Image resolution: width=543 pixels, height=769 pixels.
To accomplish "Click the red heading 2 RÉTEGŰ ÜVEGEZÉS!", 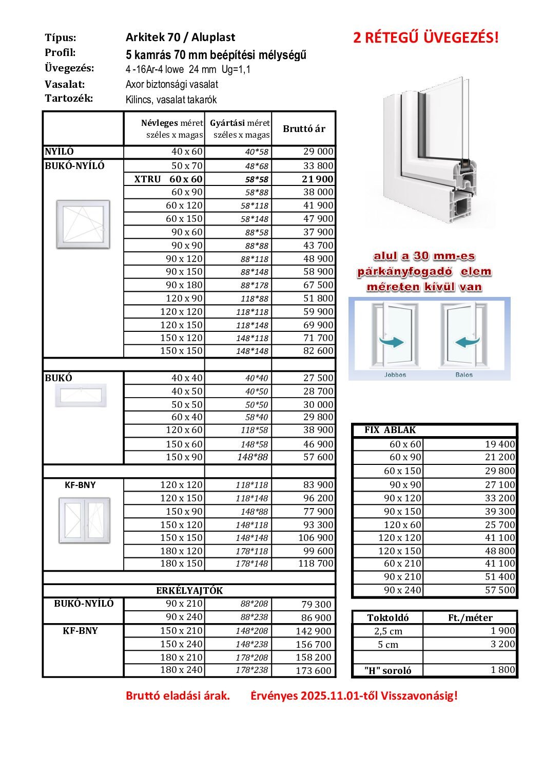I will (425, 37).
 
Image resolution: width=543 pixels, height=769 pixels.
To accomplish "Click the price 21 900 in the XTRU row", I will (318, 179).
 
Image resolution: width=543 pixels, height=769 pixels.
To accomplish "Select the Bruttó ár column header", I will (304, 128).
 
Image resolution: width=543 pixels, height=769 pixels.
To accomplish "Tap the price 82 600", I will (318, 351).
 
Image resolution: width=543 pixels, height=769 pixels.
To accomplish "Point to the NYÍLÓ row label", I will (60, 152).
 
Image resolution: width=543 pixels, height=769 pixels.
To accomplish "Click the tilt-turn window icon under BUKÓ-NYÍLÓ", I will (83, 224).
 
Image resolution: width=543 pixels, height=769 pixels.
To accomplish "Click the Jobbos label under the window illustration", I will (395, 374).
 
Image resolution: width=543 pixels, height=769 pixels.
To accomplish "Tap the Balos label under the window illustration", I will (464, 374).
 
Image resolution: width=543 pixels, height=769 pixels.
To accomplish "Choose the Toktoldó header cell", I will (388, 617).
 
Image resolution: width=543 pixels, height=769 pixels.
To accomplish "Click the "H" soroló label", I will (387, 670).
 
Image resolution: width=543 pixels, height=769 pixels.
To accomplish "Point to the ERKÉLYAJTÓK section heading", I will (189, 590).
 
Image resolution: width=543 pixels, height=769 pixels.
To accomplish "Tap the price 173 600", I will (314, 670).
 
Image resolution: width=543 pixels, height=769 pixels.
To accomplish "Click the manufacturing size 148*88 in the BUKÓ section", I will (255, 457).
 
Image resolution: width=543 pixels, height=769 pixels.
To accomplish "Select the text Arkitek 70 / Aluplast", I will (180, 37).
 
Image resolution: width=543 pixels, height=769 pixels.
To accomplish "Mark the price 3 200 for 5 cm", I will (502, 644).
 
